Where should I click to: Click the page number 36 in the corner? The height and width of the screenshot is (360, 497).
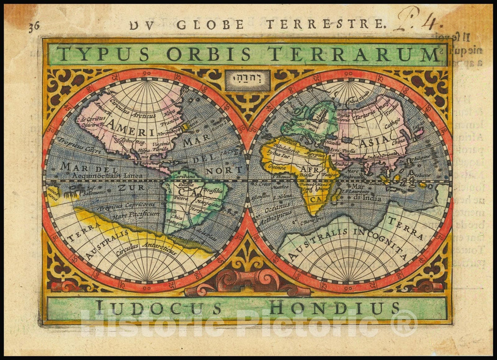coord(34,26)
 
